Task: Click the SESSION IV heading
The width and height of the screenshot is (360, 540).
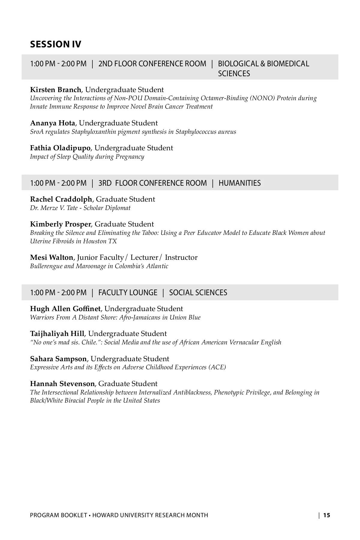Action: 55,44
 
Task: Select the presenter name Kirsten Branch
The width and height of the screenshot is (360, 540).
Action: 55,90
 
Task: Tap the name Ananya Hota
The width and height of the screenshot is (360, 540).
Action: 52,123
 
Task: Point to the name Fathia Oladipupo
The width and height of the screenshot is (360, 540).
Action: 60,148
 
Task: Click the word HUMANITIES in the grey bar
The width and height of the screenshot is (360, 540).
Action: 239,183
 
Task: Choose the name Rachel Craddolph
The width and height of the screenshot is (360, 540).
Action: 61,199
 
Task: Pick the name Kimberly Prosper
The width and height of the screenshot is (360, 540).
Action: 60,224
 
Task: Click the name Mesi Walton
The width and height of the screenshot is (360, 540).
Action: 52,257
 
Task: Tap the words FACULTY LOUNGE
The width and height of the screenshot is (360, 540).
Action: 128,292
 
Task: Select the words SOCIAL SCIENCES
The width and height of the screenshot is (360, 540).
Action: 198,292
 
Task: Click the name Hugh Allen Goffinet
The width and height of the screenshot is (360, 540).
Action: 65,309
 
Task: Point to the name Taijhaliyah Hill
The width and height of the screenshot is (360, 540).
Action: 57,334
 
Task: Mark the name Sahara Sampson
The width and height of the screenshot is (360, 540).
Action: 58,359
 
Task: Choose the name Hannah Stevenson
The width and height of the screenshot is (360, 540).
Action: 62,384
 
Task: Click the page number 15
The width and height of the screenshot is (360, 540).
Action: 327,515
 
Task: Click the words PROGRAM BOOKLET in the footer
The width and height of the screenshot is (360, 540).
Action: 58,515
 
